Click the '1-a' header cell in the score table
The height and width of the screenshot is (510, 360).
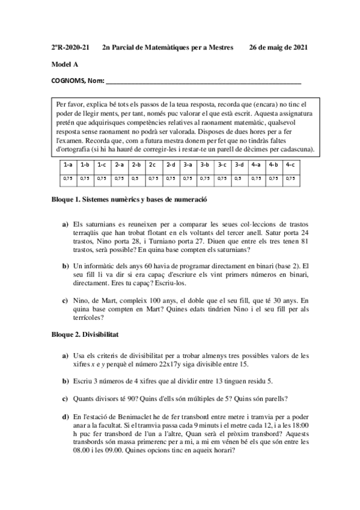click(x=67, y=164)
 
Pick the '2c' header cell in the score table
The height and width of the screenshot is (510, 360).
click(x=153, y=164)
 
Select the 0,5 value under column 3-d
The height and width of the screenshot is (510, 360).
click(x=239, y=178)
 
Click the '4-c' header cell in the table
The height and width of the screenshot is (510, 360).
click(x=290, y=164)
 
